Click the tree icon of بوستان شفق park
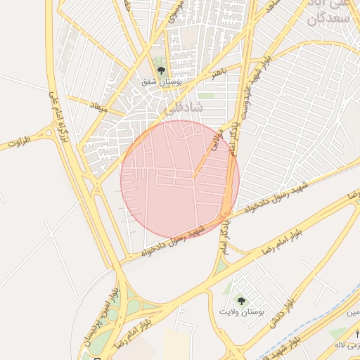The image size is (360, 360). [x=162, y=70]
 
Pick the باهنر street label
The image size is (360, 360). [x=220, y=75]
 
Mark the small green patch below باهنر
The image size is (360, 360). [x=206, y=95]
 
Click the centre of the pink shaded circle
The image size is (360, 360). [x=180, y=179]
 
